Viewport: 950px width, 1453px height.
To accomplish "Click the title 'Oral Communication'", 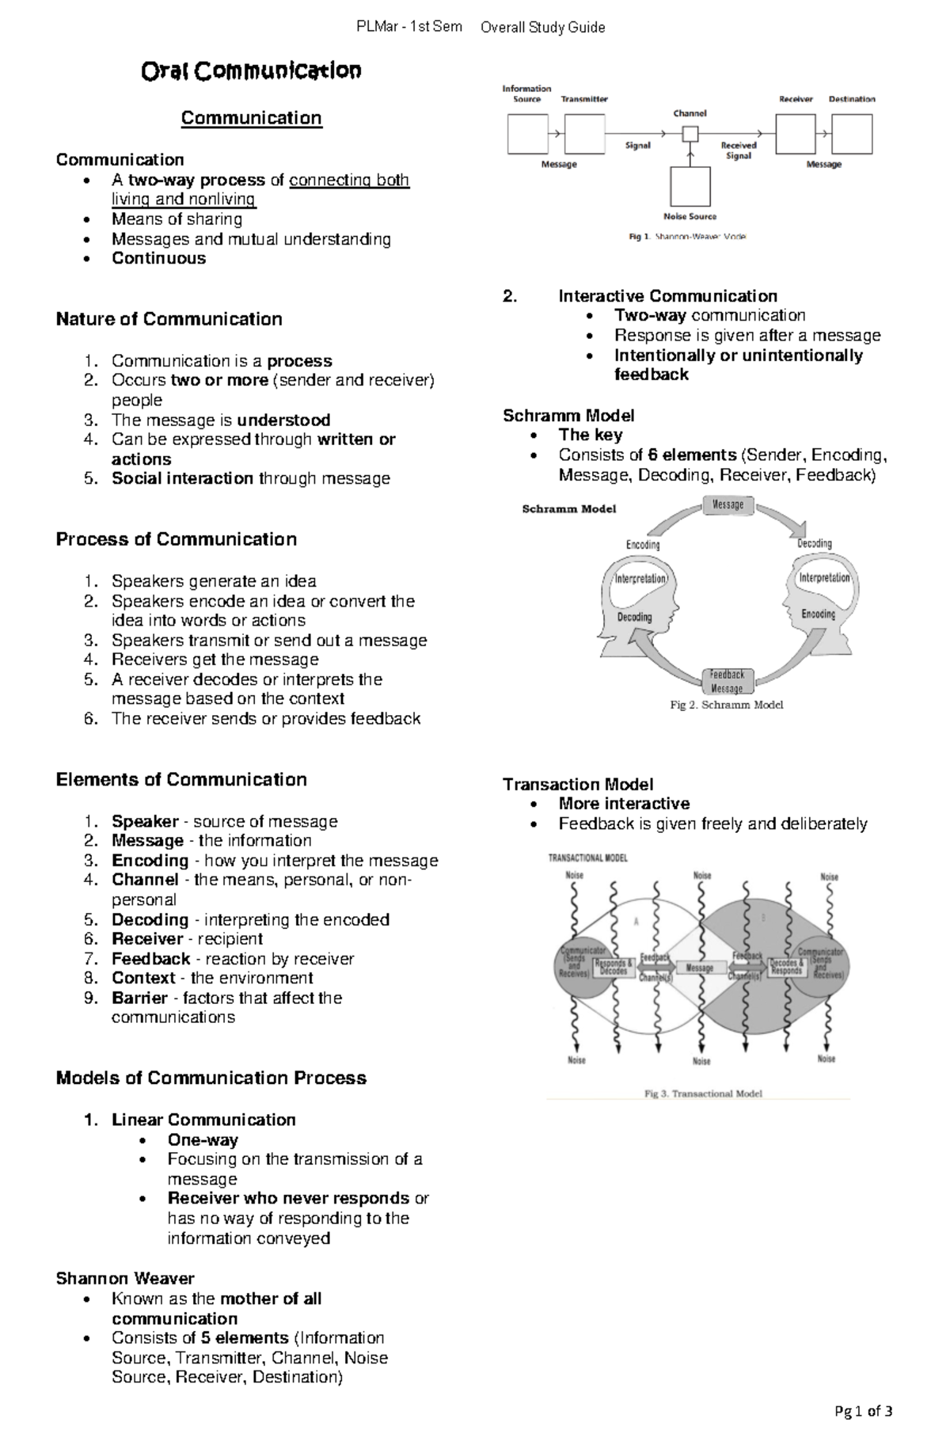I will tap(251, 71).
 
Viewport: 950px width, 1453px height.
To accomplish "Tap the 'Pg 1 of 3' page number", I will tap(864, 1410).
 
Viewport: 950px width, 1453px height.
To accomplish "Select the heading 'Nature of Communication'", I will tap(169, 319).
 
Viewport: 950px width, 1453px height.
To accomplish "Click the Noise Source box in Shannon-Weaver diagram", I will tap(690, 187).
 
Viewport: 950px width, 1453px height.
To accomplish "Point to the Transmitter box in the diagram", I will tap(584, 133).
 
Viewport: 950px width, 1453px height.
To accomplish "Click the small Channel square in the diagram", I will tap(690, 134).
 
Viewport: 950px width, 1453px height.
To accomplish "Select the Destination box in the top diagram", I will tap(853, 133).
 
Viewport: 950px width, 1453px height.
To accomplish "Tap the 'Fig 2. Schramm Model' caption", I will tap(726, 705).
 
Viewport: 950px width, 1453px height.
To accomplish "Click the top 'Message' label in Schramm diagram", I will tap(728, 505).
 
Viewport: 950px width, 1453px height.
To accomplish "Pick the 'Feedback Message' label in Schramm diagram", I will tap(726, 681).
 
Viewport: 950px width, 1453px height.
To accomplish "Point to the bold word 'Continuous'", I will tap(158, 258).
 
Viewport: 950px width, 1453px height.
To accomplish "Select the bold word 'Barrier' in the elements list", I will tap(139, 998).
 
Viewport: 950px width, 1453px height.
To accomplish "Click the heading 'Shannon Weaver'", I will tap(125, 1279).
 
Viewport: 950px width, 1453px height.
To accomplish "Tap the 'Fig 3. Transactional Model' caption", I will tap(703, 1094).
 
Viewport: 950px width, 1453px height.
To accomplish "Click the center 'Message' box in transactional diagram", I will tap(700, 968).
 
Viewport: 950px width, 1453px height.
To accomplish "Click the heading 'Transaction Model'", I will tap(578, 785).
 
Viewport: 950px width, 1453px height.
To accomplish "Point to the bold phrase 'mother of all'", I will tap(270, 1299).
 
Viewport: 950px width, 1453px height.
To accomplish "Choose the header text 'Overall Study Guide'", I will tap(542, 28).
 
